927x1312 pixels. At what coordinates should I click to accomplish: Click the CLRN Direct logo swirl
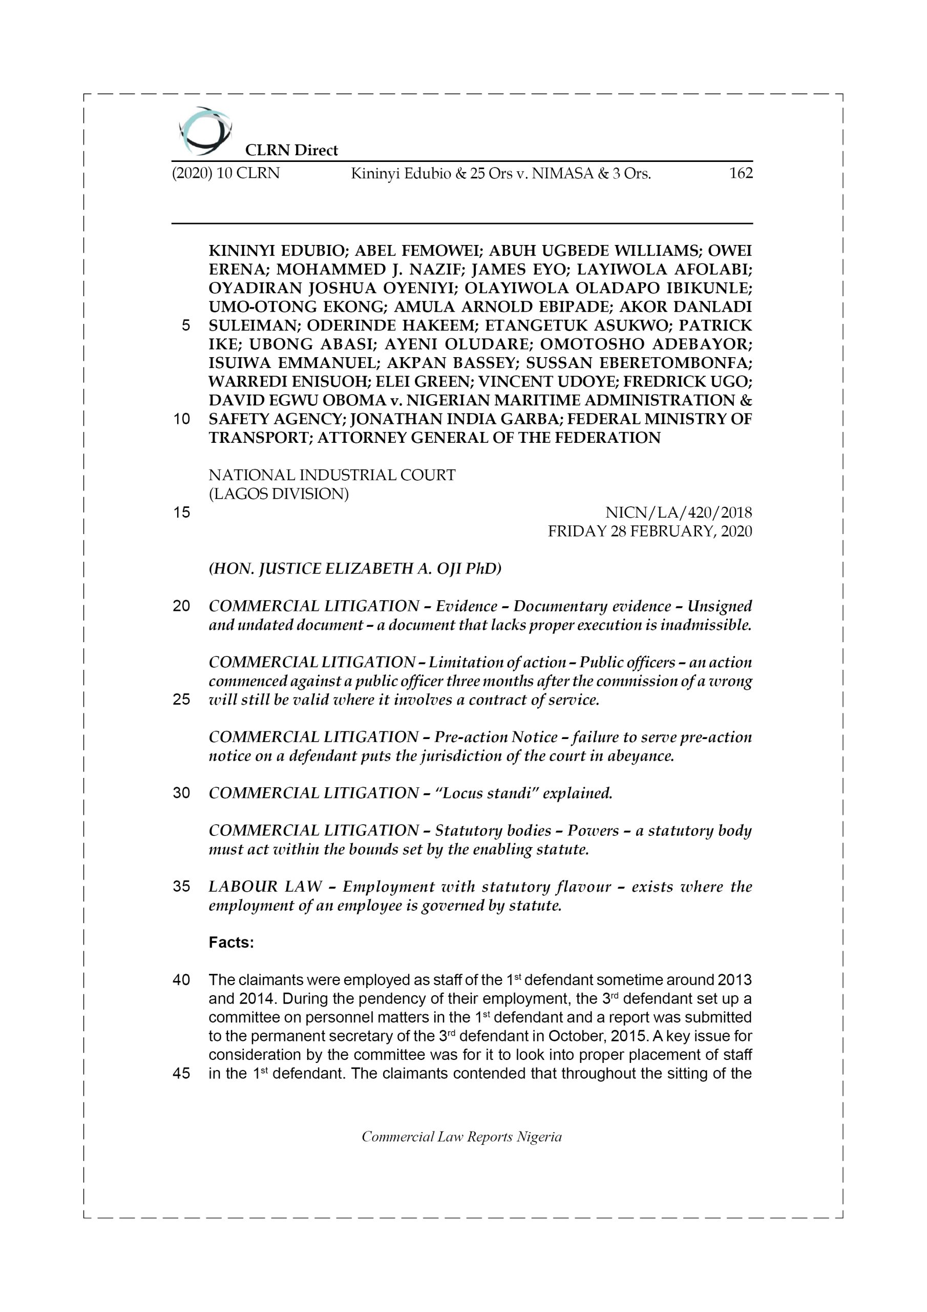click(204, 131)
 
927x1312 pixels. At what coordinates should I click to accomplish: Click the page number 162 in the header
click(741, 173)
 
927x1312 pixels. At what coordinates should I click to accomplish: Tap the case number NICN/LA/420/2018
click(679, 512)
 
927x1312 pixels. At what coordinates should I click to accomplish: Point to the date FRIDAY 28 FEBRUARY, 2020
click(649, 531)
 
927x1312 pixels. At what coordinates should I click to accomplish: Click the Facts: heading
click(231, 942)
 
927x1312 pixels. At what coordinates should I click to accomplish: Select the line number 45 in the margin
click(181, 1073)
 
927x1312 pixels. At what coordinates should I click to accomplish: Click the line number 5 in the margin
click(185, 326)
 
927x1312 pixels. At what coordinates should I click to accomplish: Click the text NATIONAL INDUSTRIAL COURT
click(332, 475)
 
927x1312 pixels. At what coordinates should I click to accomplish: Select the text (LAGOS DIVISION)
click(278, 494)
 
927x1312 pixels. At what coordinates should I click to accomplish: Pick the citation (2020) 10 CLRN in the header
click(226, 173)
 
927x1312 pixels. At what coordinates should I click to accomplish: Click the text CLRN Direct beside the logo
click(291, 150)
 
